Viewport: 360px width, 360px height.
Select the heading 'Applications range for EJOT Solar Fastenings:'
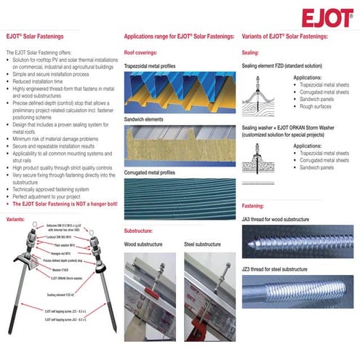point(178,36)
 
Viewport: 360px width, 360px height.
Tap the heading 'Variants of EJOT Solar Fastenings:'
point(284,36)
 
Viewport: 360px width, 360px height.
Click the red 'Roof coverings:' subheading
point(143,52)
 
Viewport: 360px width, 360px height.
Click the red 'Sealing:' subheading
point(250,52)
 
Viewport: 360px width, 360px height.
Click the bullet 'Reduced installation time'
point(36,82)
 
